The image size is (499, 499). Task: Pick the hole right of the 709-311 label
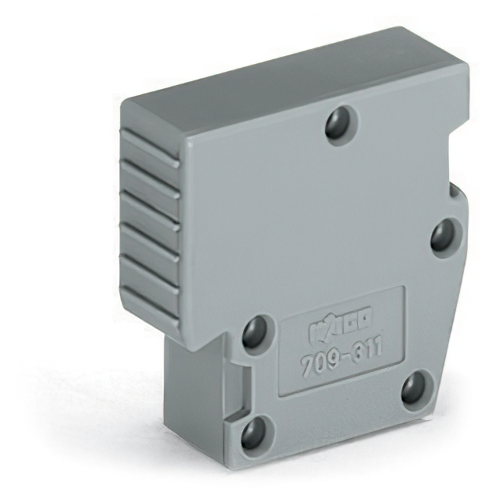414,388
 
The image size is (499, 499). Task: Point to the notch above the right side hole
454,189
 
